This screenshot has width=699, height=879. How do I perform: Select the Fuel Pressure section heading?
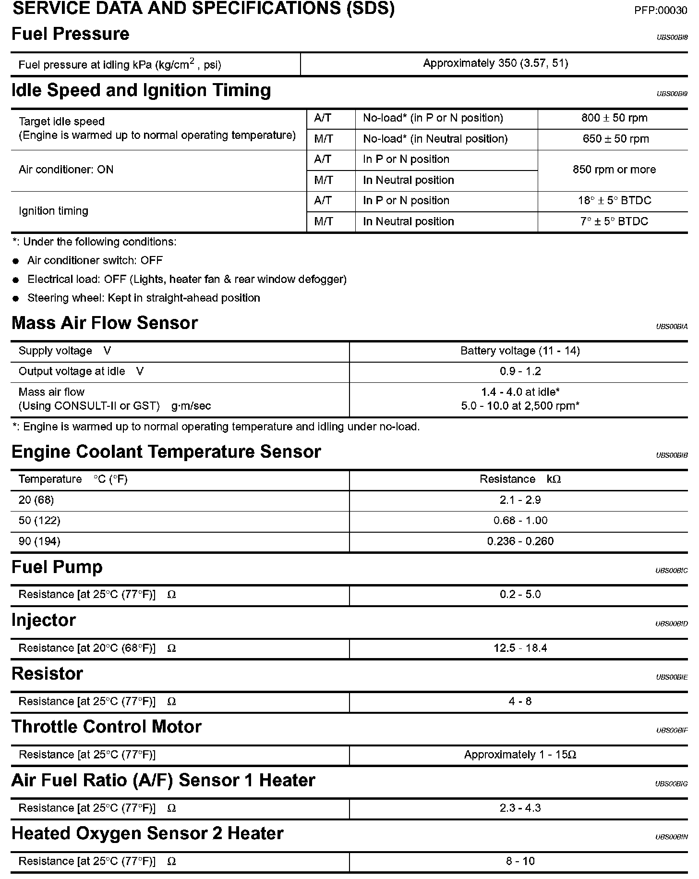click(x=70, y=34)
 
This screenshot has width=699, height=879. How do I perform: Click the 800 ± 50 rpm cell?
click(x=614, y=118)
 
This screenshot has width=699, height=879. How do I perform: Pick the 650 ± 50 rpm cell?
click(x=614, y=139)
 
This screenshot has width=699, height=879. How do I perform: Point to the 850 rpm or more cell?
click(x=614, y=170)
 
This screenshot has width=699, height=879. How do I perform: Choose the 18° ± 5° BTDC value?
click(x=614, y=201)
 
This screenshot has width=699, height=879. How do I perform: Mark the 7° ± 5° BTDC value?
click(x=614, y=221)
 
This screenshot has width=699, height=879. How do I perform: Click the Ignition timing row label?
click(x=53, y=211)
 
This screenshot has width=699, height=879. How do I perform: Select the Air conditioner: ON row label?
click(x=66, y=170)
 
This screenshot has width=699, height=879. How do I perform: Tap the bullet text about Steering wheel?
click(x=144, y=298)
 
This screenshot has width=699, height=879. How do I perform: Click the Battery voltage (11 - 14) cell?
click(x=520, y=351)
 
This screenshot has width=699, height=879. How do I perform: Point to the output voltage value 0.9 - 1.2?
click(x=520, y=371)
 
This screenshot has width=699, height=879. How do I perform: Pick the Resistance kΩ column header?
click(x=520, y=479)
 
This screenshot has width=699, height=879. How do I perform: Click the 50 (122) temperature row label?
click(x=39, y=521)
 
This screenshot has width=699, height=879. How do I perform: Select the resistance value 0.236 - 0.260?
click(x=520, y=541)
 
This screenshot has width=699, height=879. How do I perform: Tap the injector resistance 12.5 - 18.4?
click(x=520, y=648)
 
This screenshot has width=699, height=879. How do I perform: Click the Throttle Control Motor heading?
click(x=106, y=727)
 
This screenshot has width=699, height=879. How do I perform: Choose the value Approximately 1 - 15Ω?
click(x=520, y=755)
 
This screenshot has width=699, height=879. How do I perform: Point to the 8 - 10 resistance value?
click(x=520, y=861)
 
